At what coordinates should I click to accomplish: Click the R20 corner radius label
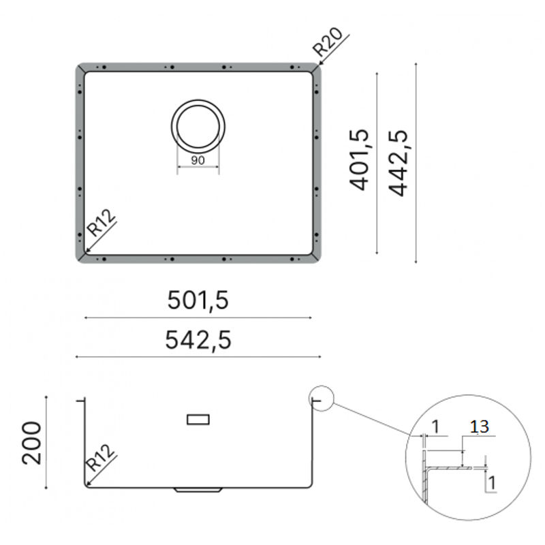[328, 42]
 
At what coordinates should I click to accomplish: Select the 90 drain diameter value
[198, 160]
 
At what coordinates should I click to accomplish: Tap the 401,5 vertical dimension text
[359, 159]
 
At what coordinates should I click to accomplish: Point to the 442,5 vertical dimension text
[398, 163]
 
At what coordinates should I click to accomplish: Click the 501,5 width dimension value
[198, 300]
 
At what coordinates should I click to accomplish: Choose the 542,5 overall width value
[198, 340]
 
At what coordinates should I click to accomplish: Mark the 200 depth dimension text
[31, 443]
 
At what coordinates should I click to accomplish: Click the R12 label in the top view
[100, 223]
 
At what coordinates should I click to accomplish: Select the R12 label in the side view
[99, 457]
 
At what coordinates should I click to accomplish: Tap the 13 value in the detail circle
[480, 427]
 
